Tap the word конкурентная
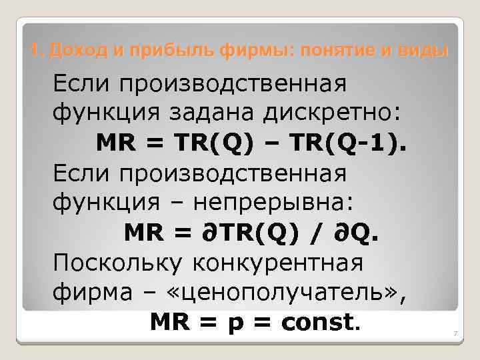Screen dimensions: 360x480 (278, 262)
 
